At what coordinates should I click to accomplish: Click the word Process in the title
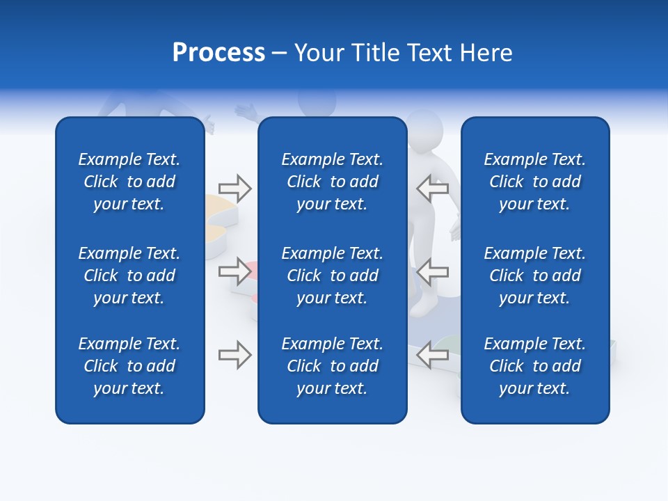click(x=218, y=53)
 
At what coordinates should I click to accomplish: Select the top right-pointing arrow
click(x=235, y=188)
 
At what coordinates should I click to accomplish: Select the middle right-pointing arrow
click(x=235, y=271)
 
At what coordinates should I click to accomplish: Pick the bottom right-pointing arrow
click(x=235, y=355)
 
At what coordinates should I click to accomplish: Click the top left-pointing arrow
click(x=433, y=188)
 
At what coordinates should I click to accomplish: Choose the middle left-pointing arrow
click(x=433, y=271)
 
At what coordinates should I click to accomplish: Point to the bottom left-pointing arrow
click(x=433, y=355)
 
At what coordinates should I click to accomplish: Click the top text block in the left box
click(x=129, y=182)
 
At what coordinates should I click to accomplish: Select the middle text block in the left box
click(x=129, y=276)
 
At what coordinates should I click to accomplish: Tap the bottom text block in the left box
click(x=129, y=366)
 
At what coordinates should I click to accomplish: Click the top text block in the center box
click(x=333, y=182)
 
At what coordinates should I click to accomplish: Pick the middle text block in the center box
click(x=333, y=276)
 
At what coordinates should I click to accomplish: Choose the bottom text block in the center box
click(x=333, y=366)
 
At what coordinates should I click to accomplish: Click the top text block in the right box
click(x=535, y=182)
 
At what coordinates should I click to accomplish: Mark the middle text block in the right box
click(x=535, y=276)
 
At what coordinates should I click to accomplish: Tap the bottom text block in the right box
click(x=535, y=366)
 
